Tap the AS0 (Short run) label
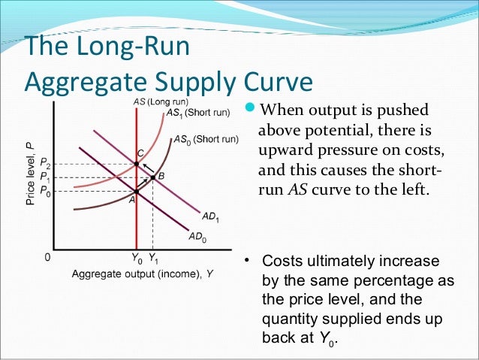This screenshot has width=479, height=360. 206,139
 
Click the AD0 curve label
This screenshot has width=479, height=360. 197,236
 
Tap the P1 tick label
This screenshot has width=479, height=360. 46,178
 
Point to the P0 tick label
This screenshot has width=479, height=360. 46,191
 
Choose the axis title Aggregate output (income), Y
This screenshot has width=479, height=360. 140,274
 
